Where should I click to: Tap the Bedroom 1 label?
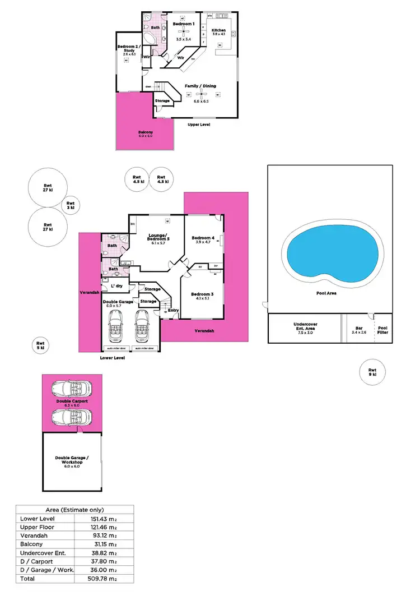click(x=184, y=24)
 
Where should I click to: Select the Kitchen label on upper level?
click(x=218, y=30)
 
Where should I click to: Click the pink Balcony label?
click(x=146, y=133)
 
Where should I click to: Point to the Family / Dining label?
click(x=200, y=86)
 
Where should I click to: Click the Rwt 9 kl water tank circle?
click(x=372, y=372)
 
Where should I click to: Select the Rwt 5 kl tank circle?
click(x=40, y=345)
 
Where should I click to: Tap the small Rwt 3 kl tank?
click(x=71, y=206)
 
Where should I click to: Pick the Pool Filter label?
click(x=382, y=330)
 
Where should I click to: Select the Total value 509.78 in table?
click(x=104, y=578)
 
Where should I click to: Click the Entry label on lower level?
click(x=173, y=310)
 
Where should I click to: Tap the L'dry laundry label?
click(x=116, y=286)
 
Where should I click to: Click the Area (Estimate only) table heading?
click(x=74, y=509)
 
